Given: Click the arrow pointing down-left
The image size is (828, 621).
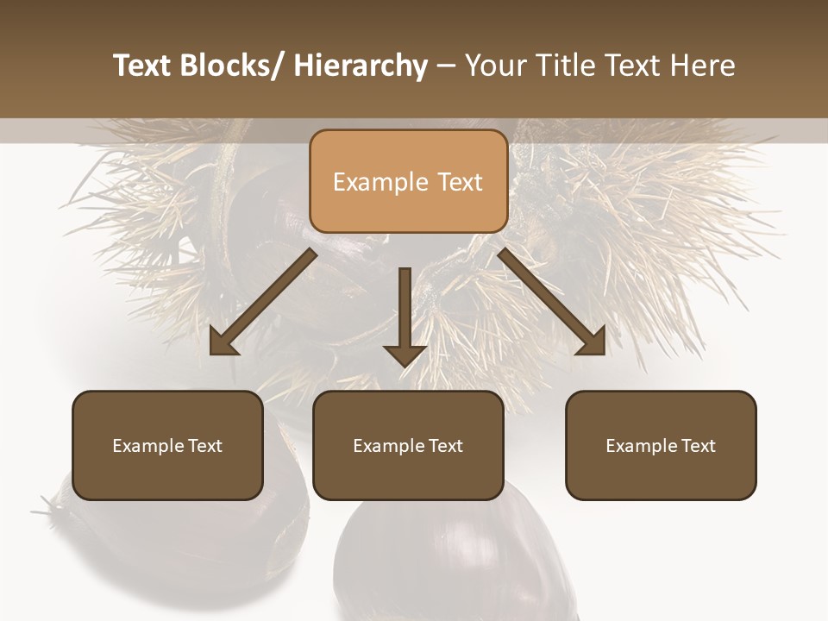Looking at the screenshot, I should pos(263,302).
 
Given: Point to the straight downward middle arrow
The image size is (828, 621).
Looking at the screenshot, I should pos(405,315).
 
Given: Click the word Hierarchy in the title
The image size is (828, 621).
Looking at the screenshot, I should pos(361,66).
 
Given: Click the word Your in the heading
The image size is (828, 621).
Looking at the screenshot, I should pos(495,66).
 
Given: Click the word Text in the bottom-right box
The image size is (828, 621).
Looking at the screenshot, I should pos(698,446).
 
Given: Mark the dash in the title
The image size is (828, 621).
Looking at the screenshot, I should pos(446,66).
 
